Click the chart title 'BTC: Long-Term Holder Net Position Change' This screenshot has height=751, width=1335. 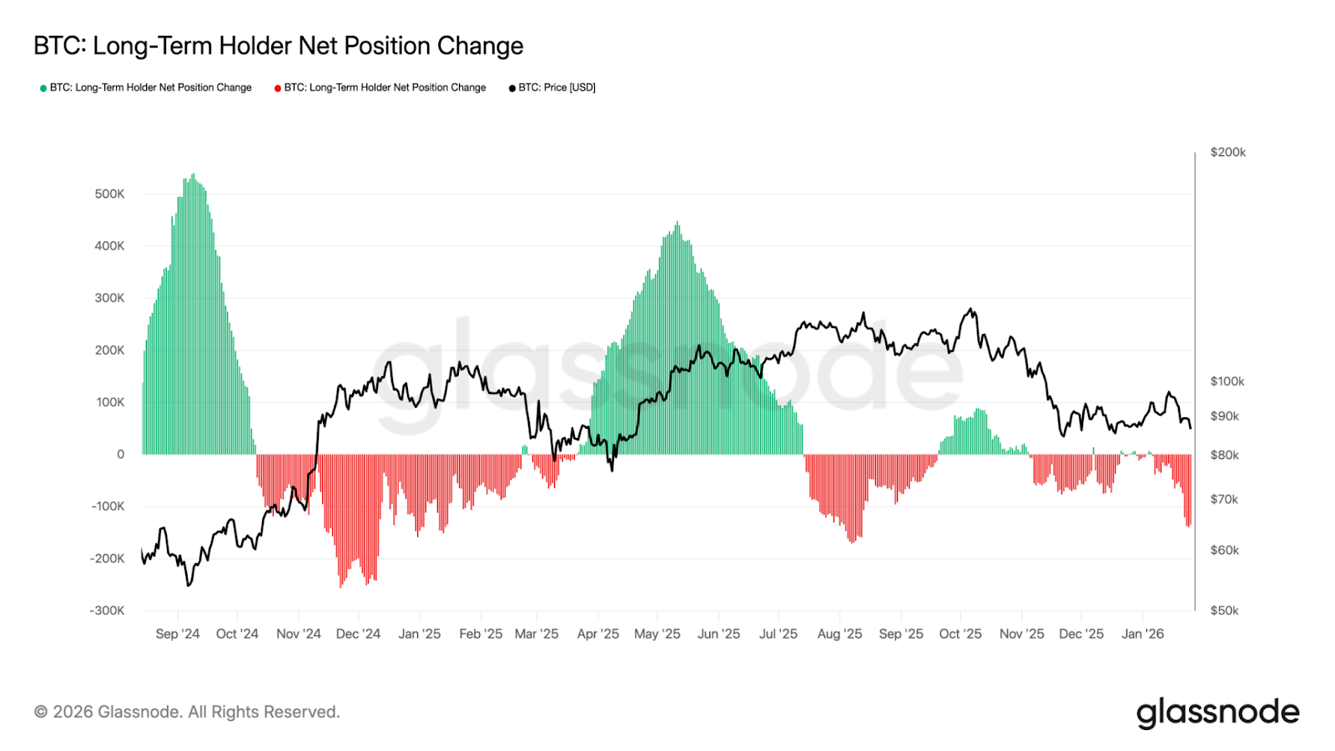[x=278, y=46]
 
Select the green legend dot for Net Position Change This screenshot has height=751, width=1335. [x=43, y=88]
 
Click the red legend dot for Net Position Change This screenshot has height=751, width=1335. [x=278, y=88]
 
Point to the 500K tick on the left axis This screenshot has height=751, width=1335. [x=109, y=194]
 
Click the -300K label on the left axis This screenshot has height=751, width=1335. [x=107, y=611]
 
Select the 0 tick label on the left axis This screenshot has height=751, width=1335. [x=120, y=455]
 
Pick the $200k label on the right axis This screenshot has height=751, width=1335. [x=1227, y=152]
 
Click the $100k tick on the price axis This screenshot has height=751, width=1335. [x=1227, y=381]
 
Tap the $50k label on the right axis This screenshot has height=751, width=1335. [x=1224, y=611]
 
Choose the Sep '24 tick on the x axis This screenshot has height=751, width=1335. [x=177, y=634]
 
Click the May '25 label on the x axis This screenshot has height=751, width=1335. [x=657, y=634]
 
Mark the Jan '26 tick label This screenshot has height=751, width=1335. [x=1142, y=634]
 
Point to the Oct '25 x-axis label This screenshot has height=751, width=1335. [x=960, y=634]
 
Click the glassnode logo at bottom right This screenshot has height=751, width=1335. [x=1217, y=713]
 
